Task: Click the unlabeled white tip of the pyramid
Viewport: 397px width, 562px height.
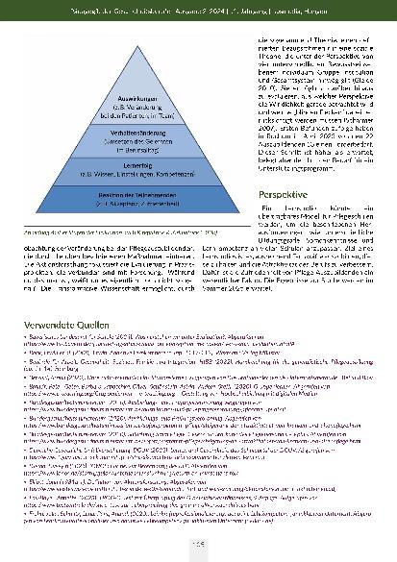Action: [128, 64]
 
